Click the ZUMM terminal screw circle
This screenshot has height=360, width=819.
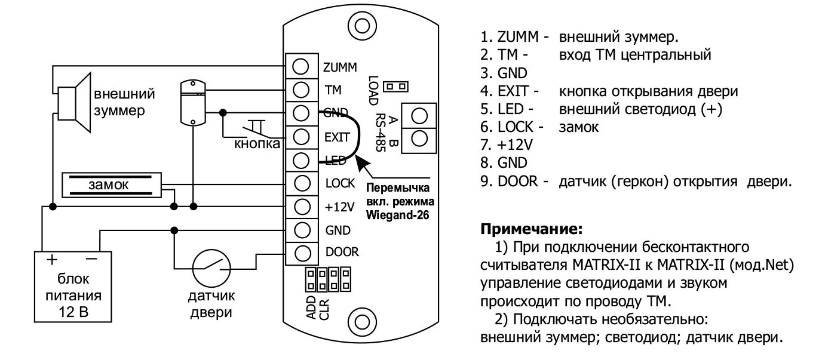pos(302,66)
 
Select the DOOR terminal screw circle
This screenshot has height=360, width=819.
pos(302,252)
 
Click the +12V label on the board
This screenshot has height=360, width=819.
pos(339,206)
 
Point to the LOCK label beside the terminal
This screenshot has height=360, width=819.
pos(340,183)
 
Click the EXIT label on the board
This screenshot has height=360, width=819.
pos(337,137)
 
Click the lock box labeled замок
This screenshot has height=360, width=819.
pos(112,186)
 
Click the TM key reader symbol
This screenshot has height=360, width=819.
pos(193,102)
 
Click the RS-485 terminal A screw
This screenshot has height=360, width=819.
pos(420,115)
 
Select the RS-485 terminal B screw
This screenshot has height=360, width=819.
pos(420,138)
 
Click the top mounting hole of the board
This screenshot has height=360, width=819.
pos(361,26)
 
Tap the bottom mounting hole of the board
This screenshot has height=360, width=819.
pos(361,322)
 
